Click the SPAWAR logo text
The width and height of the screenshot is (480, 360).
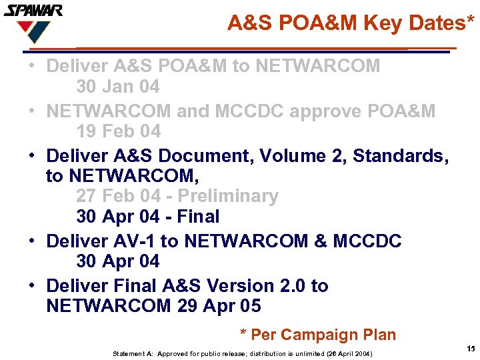point(33,11)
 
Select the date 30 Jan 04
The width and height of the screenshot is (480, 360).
point(118,87)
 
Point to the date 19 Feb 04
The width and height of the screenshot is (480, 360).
point(118,131)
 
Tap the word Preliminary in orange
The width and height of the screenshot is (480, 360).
point(228,196)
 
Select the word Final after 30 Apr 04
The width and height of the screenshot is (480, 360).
point(199,217)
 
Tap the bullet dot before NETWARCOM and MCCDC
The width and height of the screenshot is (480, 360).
point(32,111)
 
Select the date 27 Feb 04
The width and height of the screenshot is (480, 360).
point(118,196)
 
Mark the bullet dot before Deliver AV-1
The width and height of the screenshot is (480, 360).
point(32,241)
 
